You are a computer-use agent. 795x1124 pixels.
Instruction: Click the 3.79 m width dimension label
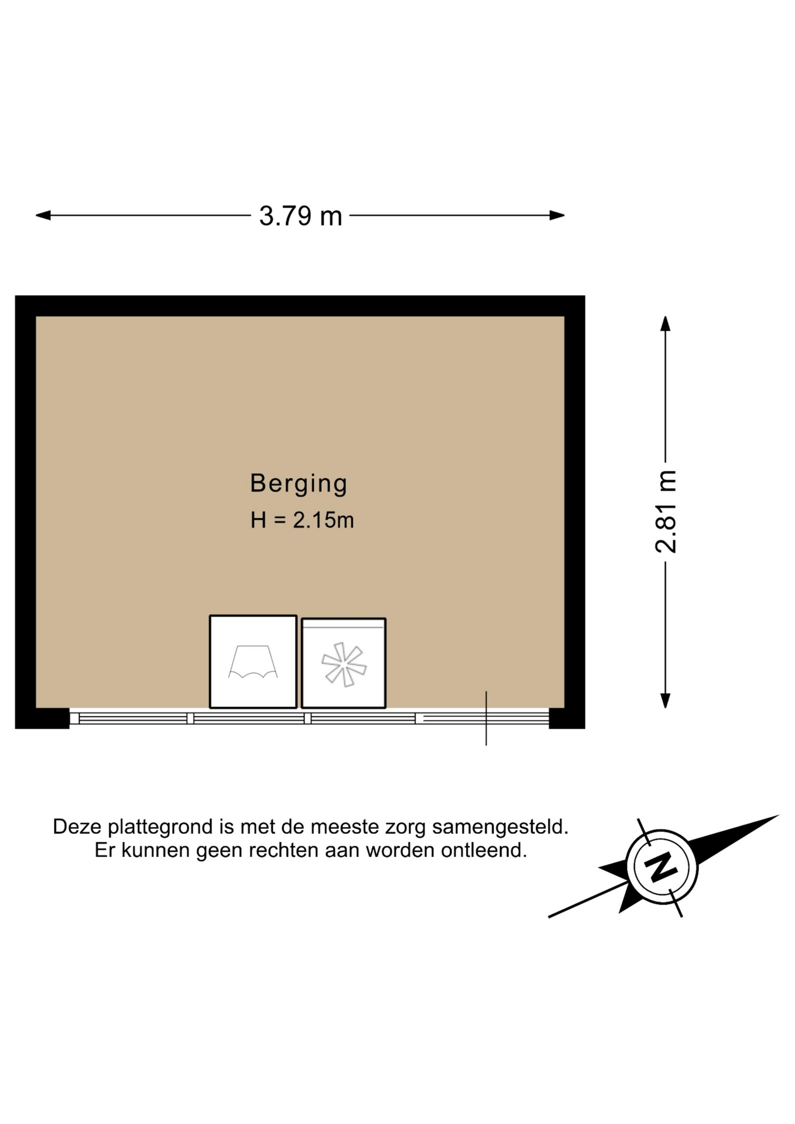coord(300,216)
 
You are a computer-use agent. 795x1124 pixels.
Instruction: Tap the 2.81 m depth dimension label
coord(666,512)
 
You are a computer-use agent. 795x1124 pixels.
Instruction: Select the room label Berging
coord(299,484)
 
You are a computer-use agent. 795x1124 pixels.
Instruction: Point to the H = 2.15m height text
coord(302,520)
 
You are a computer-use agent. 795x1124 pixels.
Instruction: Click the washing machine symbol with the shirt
coord(253,662)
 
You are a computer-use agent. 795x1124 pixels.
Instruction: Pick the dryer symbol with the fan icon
coord(344,663)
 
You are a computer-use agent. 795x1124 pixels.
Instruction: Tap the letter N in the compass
coord(662,866)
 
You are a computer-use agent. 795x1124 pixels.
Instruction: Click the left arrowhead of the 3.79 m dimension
coord(43,215)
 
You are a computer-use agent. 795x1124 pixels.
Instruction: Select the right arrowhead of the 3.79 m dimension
coord(557,215)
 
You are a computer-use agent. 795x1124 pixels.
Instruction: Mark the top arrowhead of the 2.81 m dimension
coord(665,324)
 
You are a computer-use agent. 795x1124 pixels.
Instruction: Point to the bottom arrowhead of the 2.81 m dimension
coord(665,701)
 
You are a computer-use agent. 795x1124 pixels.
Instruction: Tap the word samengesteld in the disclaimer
coord(501,827)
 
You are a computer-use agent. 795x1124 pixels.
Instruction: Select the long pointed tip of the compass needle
coord(778,815)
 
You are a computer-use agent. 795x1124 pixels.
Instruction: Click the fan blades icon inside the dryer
coord(344,664)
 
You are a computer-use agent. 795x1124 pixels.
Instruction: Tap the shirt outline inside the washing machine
coord(253,662)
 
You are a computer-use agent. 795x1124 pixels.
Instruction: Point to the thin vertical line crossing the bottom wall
coord(486,718)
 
